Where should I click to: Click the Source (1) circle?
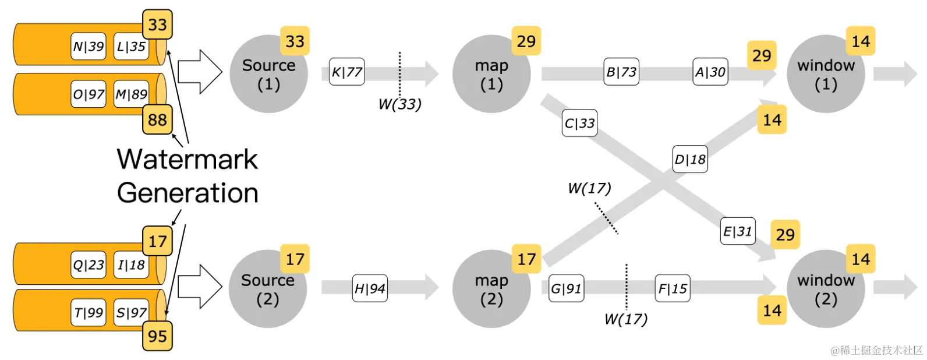268,75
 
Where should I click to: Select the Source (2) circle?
267,290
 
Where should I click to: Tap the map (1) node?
491,75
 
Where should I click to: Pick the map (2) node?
491,290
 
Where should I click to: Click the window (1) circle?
826,75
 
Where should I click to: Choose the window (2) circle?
826,290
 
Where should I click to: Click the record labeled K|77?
347,72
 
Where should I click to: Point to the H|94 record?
370,288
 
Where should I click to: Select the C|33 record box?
579,123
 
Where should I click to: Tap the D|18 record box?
690,159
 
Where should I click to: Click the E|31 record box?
738,231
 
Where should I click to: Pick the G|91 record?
566,288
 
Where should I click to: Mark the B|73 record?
621,72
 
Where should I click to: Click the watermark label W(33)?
399,104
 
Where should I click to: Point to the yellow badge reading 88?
157,120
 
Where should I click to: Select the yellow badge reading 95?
157,336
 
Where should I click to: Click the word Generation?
187,193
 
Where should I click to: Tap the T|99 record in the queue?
89,313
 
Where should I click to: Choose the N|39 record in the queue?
89,47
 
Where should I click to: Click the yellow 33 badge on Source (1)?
295,41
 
